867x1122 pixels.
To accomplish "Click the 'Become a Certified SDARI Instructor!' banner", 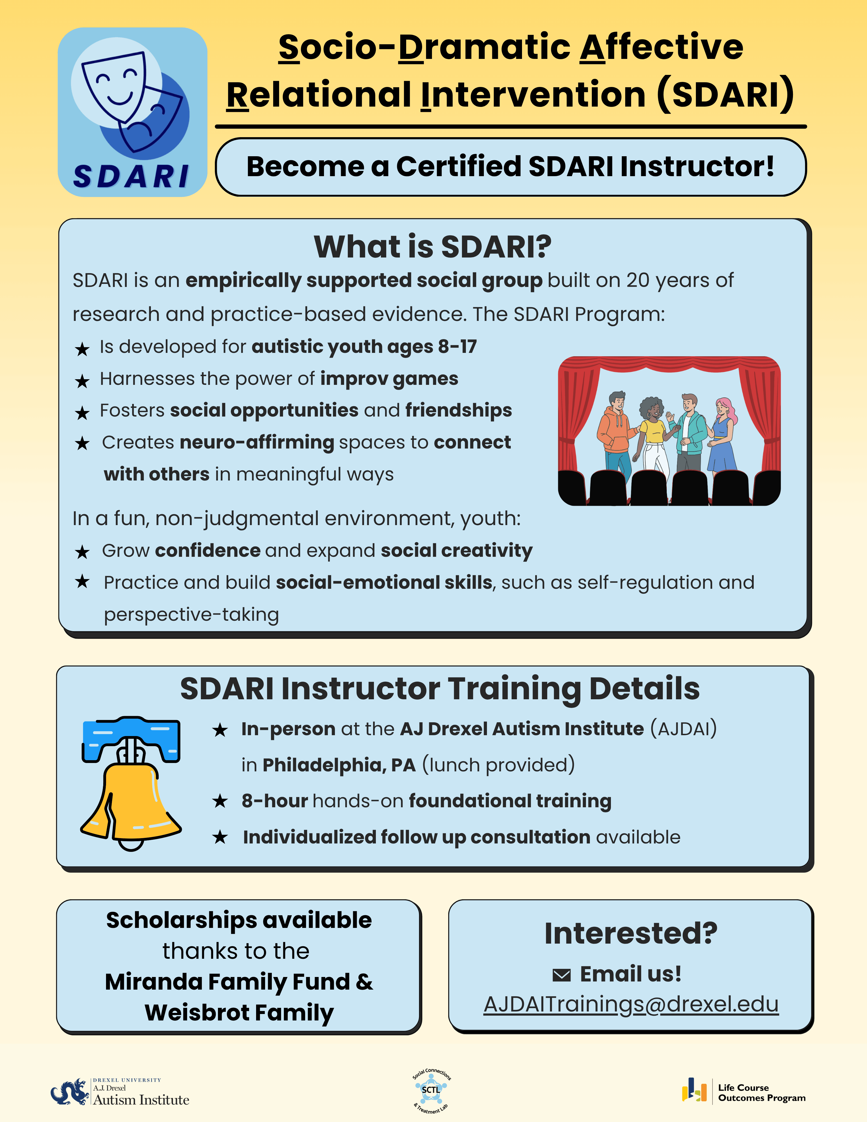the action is coord(510,167).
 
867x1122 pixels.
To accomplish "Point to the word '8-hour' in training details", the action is coord(275,801).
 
